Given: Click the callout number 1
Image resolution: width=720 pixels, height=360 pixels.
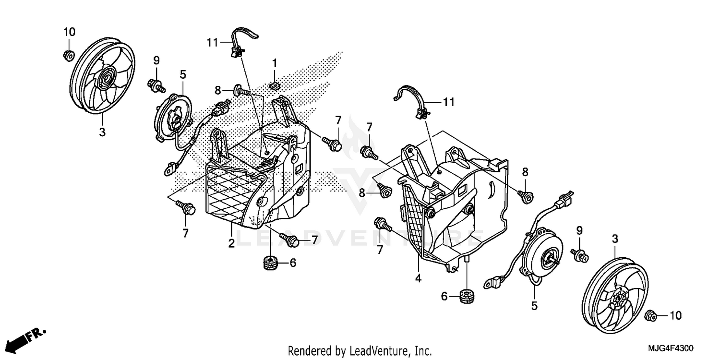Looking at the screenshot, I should (x=275, y=63).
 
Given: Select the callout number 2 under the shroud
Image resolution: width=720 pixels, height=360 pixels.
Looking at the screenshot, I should (x=231, y=243).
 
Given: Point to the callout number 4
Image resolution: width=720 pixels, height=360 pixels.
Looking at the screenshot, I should (x=418, y=278).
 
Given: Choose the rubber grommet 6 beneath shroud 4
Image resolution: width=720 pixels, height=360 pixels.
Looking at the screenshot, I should (x=467, y=296).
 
